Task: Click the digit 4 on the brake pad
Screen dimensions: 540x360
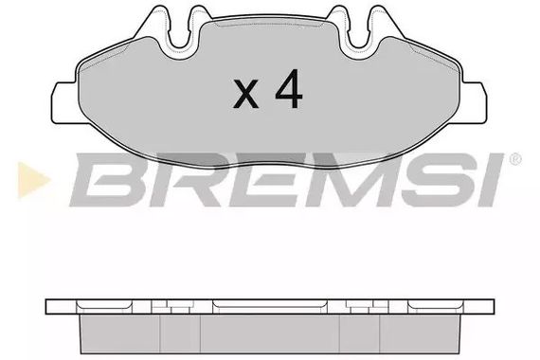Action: click(x=289, y=89)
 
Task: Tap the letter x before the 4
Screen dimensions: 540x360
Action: click(x=245, y=94)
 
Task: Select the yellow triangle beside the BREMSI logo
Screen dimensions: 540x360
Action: click(x=33, y=180)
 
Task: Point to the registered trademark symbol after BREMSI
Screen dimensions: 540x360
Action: click(x=515, y=159)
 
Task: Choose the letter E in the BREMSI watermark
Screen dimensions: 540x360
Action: click(x=262, y=179)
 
